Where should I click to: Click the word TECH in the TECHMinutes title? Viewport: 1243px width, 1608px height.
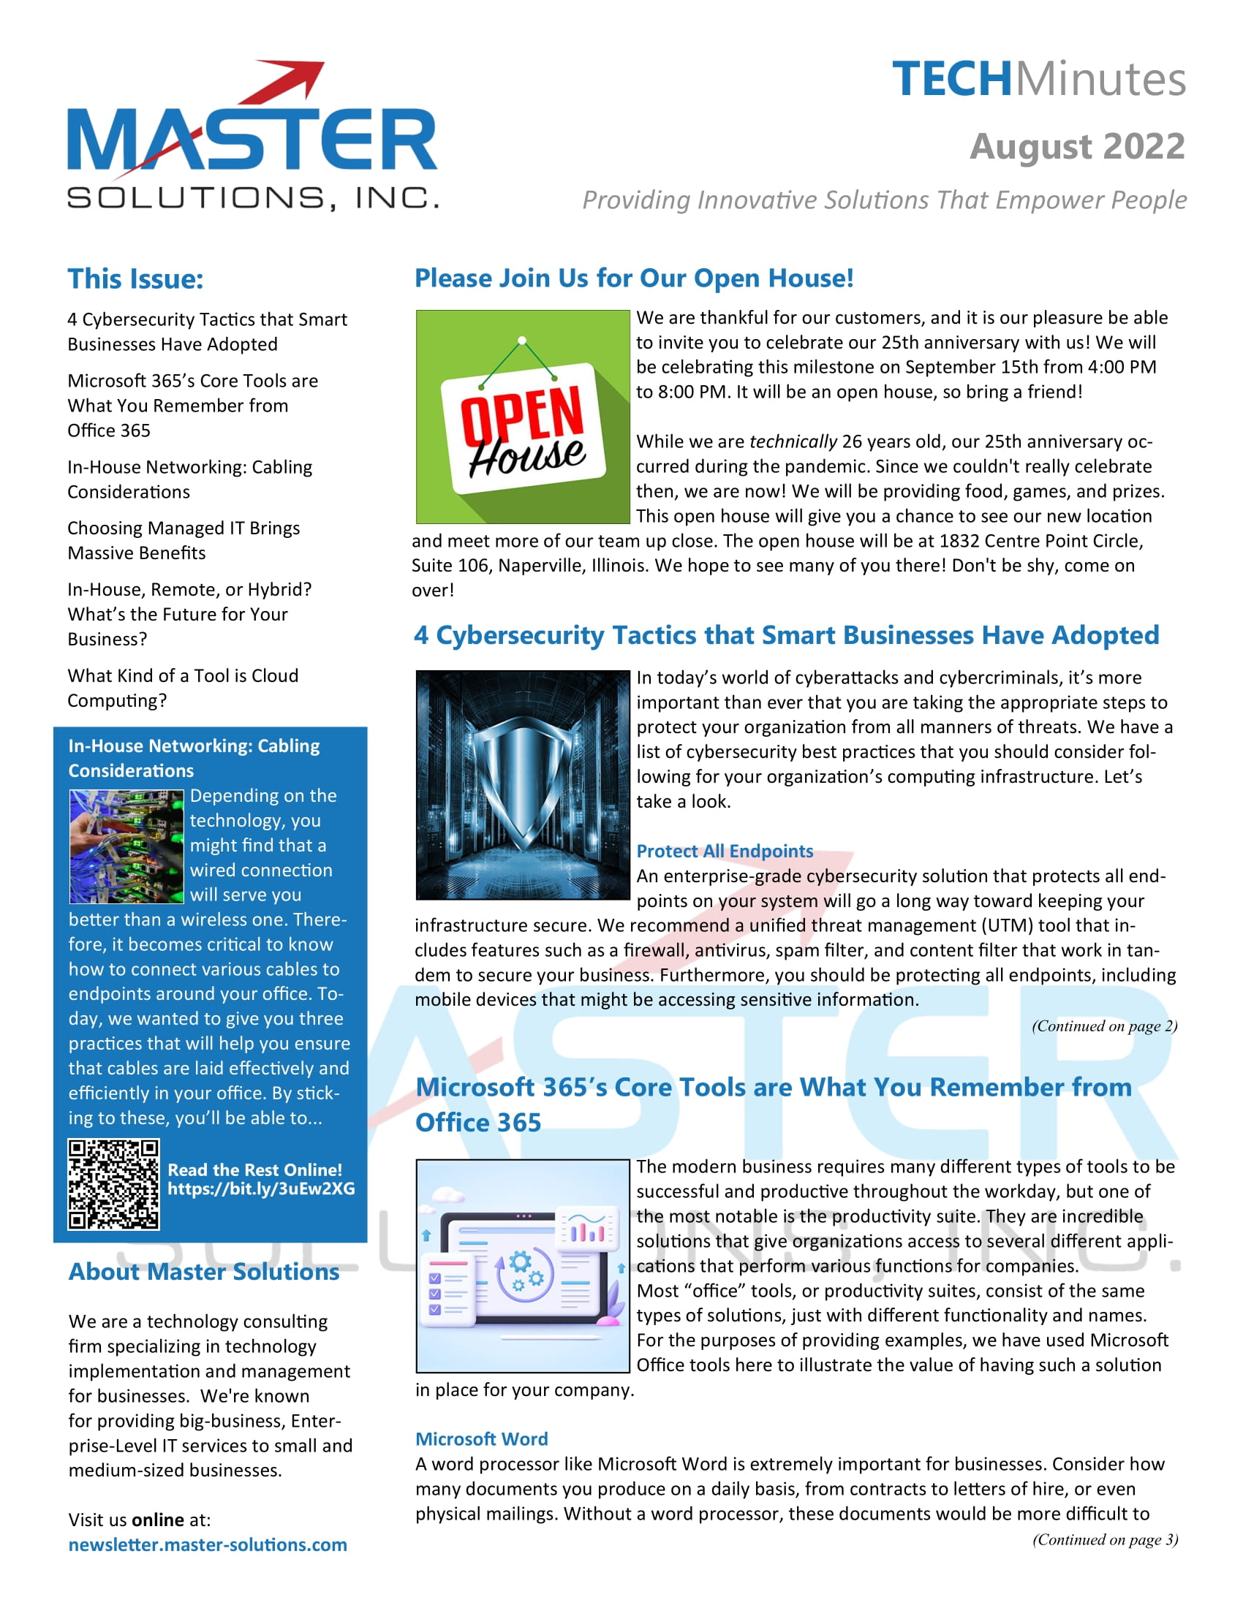coord(951,80)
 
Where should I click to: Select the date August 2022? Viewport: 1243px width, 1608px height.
coord(1076,146)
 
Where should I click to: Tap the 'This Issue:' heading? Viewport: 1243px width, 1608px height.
coord(135,279)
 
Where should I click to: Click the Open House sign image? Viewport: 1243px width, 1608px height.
coord(523,417)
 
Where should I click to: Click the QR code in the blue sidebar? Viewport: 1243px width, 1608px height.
coord(113,1184)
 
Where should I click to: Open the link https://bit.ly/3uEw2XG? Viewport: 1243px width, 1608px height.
coord(261,1189)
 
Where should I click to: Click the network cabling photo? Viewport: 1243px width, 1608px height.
coord(126,846)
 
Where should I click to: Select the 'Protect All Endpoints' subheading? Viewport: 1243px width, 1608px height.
coord(725,851)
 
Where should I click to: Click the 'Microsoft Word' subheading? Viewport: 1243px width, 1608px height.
coord(482,1438)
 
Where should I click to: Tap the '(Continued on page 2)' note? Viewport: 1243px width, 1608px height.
coord(1104,1026)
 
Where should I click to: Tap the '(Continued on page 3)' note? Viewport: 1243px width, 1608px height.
coord(1105,1539)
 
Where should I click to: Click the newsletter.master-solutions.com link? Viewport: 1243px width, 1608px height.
coord(208,1544)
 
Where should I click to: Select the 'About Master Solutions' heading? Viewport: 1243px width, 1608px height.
coord(204,1273)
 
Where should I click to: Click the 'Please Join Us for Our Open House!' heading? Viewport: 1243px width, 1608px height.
coord(634,278)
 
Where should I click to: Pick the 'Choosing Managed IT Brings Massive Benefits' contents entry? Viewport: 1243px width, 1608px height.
coord(184,540)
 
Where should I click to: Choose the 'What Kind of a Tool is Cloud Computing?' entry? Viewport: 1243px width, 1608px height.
coord(183,688)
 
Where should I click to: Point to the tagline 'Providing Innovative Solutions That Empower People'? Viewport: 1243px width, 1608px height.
coord(884,200)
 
